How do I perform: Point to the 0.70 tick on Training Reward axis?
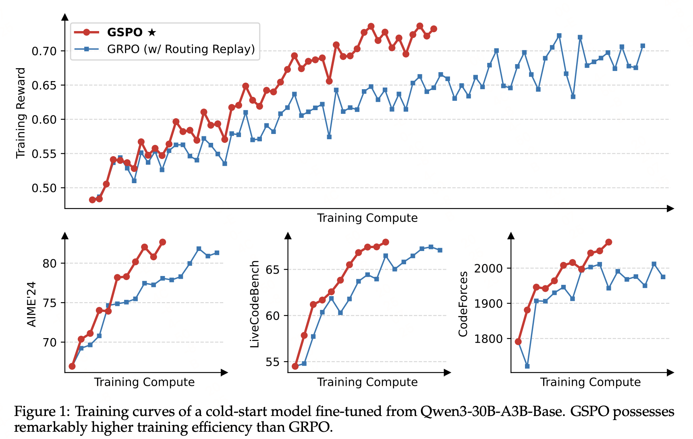[x=44, y=51]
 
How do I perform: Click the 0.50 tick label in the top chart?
[x=44, y=188]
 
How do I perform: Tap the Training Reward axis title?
[x=21, y=113]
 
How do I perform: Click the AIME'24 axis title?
[x=31, y=304]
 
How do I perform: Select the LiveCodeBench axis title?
[x=255, y=304]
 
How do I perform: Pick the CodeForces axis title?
[x=463, y=304]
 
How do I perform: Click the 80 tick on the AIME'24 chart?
[x=50, y=263]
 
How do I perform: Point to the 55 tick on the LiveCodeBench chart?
[x=273, y=362]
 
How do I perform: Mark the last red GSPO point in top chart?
[x=434, y=29]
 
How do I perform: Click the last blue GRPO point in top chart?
[x=643, y=46]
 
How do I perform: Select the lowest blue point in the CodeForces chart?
[x=527, y=366]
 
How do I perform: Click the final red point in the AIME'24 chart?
[x=163, y=242]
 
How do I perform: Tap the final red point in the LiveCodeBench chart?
[x=386, y=242]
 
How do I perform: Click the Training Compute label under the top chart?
[x=367, y=218]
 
